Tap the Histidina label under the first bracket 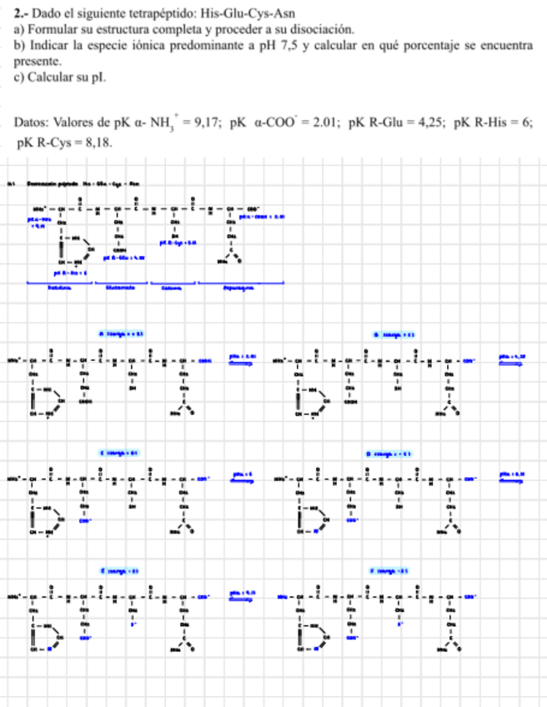click(58, 289)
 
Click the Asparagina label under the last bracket click(241, 289)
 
